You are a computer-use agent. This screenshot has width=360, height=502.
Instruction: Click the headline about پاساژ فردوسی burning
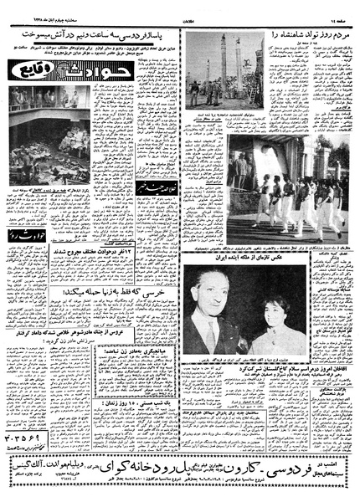tap(92, 37)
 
